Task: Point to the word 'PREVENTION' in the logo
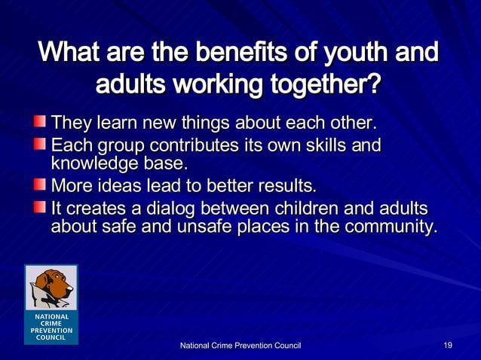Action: (51, 330)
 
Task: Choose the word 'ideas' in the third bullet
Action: (122, 185)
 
